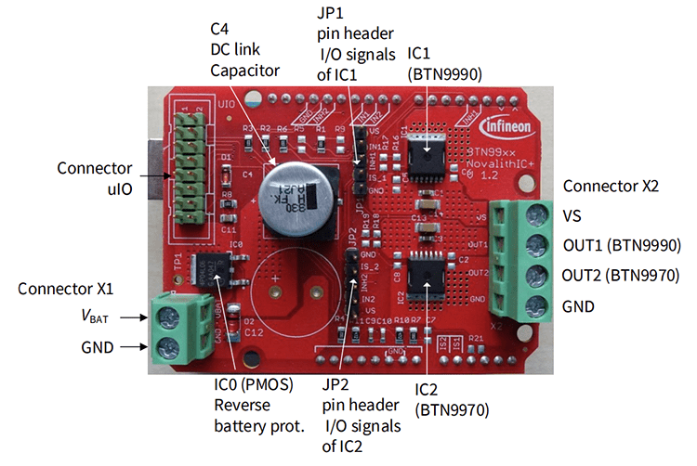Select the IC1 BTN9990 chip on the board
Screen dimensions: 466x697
[426, 152]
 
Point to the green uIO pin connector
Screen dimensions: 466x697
[190, 164]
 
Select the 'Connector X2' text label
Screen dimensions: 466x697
[611, 187]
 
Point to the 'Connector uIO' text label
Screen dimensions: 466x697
[94, 176]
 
